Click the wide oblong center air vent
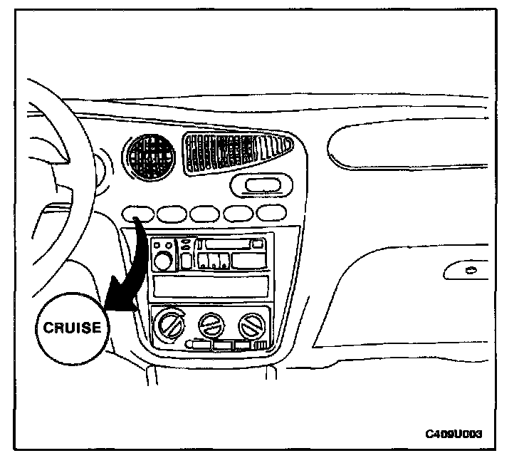pos(236,152)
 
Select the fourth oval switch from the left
pos(238,212)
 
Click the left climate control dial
pos(169,328)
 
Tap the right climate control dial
pos(251,326)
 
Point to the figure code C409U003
pos(459,432)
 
